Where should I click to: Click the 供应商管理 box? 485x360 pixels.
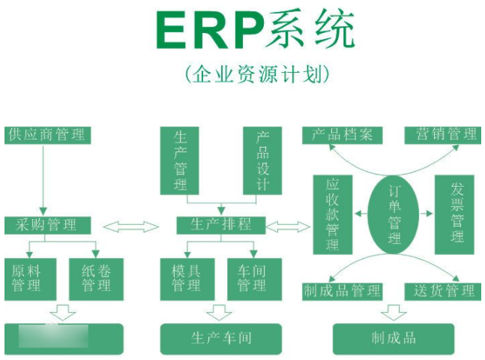(48, 135)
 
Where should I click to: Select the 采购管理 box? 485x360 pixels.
(48, 225)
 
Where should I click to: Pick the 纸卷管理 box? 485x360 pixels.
(96, 278)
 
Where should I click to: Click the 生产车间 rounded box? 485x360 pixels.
(220, 338)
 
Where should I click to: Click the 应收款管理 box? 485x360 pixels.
(333, 214)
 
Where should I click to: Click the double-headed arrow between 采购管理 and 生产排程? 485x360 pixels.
(131, 226)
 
